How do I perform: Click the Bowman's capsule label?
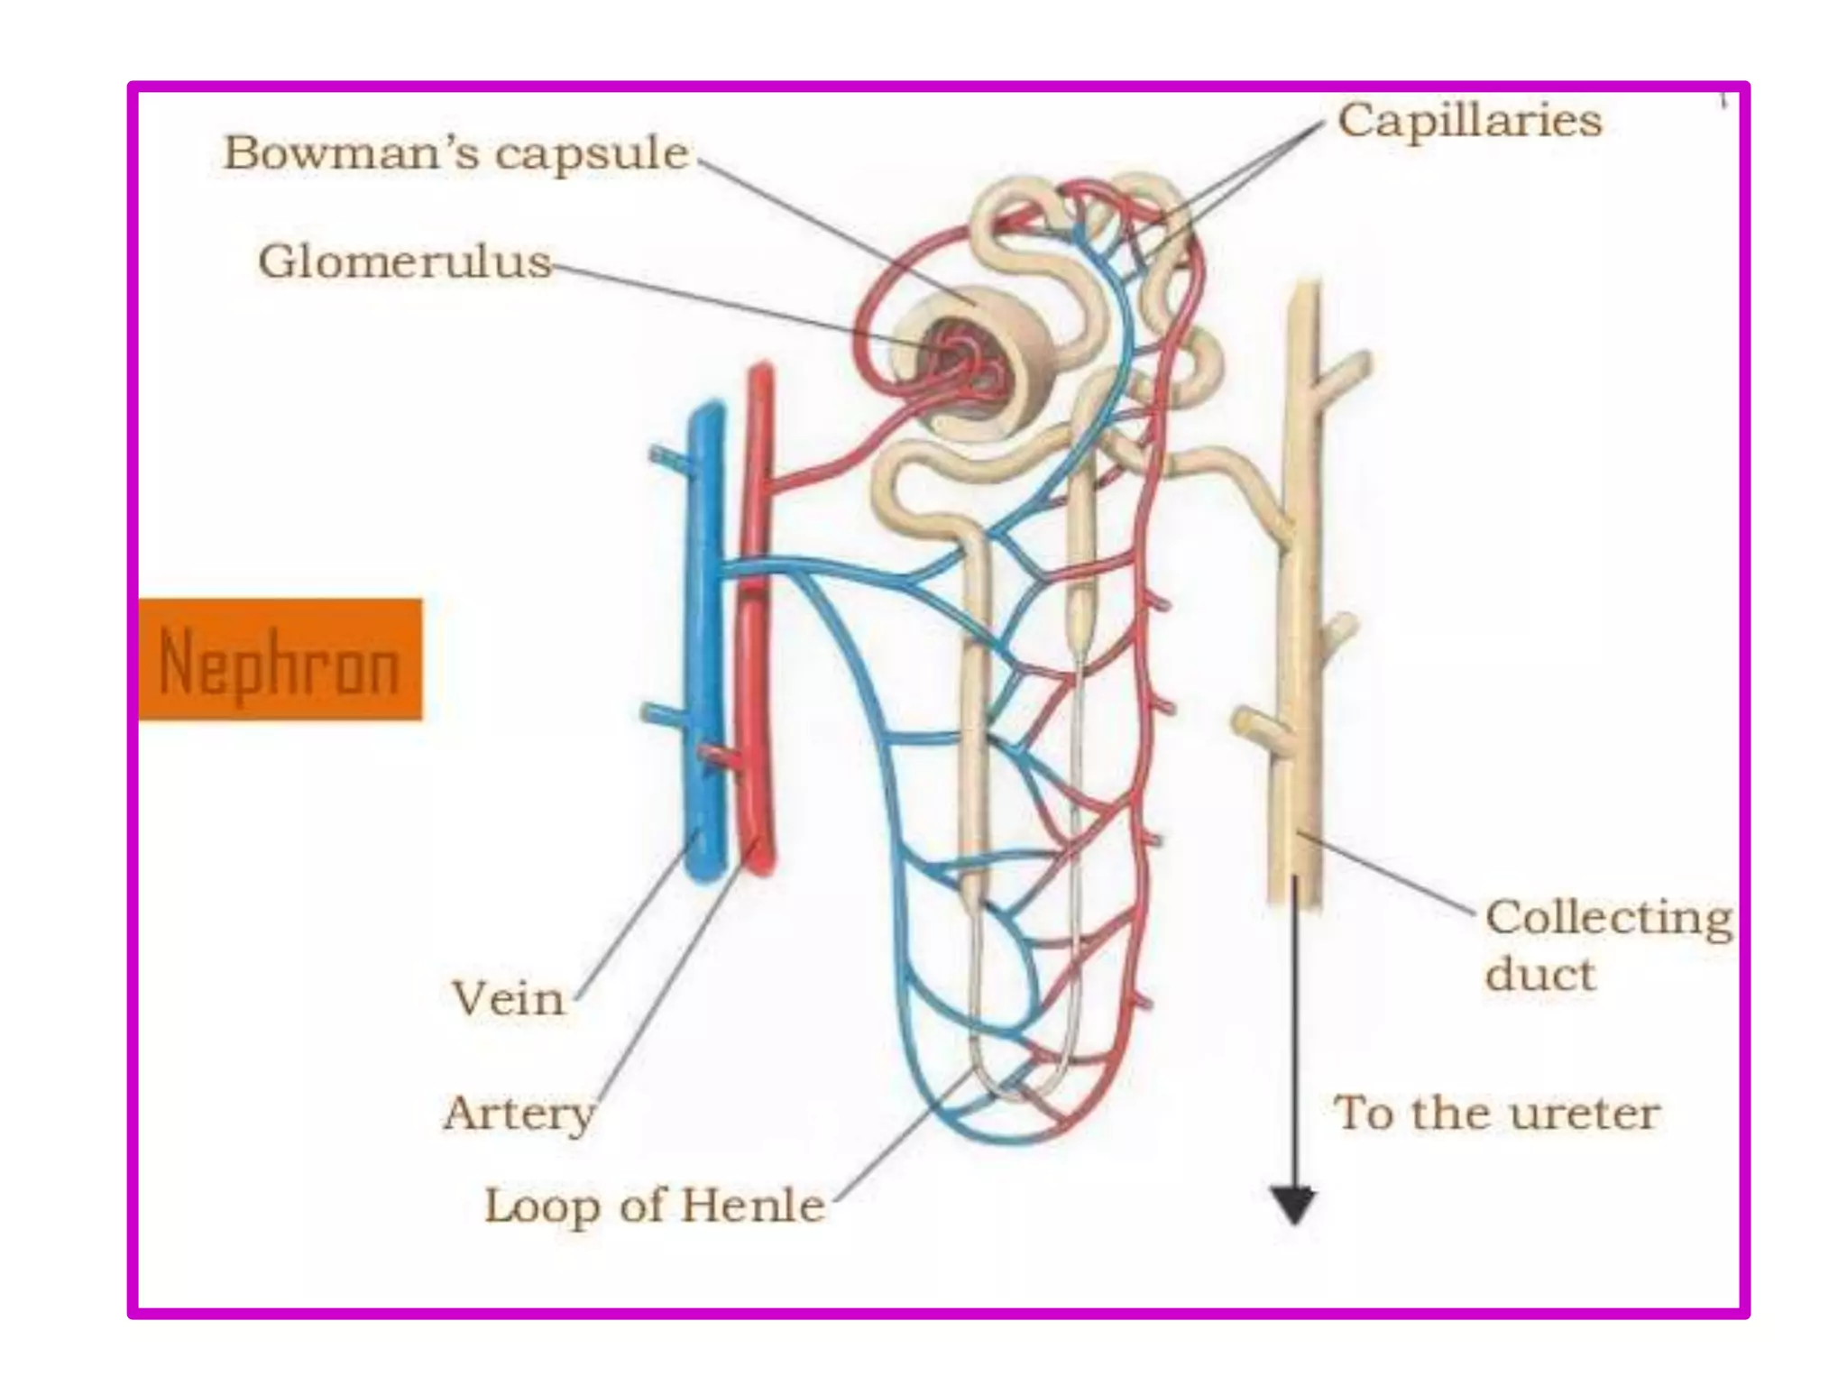click(455, 153)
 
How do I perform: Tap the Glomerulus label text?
click(404, 262)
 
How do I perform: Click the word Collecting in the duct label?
click(1608, 919)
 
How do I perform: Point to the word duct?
click(1539, 975)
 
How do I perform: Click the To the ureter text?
click(1496, 1113)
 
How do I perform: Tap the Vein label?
click(508, 999)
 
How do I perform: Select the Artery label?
click(519, 1113)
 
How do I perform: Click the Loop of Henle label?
click(654, 1206)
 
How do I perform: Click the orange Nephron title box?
click(280, 659)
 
